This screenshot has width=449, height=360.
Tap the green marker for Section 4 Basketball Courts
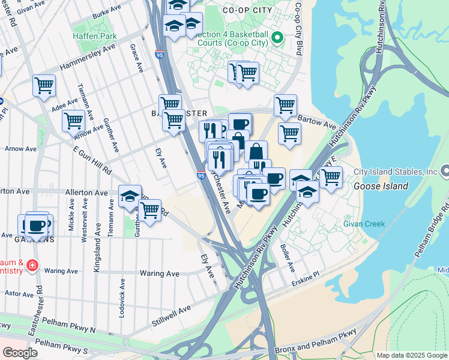tap(277, 40)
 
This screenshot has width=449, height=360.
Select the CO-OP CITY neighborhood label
tap(243, 10)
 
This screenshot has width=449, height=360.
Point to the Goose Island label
tap(381, 186)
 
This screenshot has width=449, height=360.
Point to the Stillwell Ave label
tap(171, 314)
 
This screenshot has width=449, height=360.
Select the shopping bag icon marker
tap(256, 151)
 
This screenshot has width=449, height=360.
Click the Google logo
tap(20, 353)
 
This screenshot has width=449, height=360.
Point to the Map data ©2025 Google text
tap(412, 355)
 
